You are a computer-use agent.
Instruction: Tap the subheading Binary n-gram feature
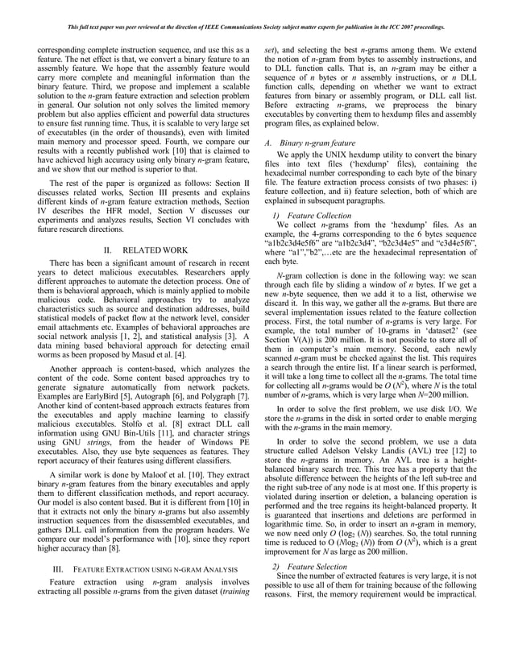pyautogui.click(x=318, y=143)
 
